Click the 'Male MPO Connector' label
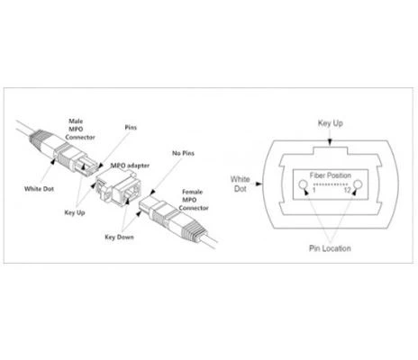79,130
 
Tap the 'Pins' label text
131,128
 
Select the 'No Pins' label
183,153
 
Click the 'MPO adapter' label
130,166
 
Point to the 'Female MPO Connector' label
194,200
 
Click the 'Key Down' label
119,237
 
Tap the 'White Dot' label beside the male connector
39,189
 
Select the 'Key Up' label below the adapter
75,212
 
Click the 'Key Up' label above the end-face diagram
331,123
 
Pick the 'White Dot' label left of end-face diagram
240,184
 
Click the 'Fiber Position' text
331,175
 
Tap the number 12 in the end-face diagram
348,190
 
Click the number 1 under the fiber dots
313,190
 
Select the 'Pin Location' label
330,248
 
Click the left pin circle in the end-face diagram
303,184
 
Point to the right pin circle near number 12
358,184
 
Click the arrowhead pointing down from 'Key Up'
330,143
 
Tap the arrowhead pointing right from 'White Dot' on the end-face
259,184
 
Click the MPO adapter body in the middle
118,187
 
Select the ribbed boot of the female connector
195,229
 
